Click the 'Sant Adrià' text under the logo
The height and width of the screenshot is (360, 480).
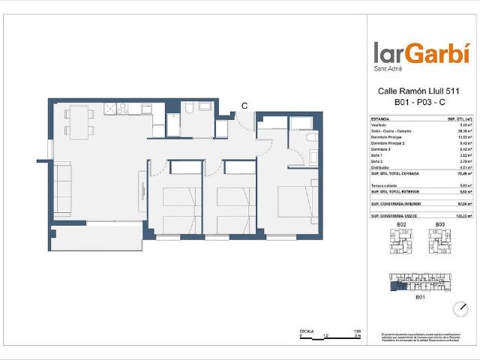pyautogui.click(x=388, y=70)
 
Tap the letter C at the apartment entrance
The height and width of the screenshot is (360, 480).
pyautogui.click(x=244, y=106)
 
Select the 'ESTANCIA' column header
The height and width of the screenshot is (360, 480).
pyautogui.click(x=380, y=119)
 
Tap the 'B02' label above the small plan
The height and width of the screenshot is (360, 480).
pyautogui.click(x=401, y=225)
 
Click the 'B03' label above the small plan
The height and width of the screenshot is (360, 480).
pyautogui.click(x=440, y=225)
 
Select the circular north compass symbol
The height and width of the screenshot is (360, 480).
pyautogui.click(x=458, y=308)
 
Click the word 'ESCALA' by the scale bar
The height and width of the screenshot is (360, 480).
pyautogui.click(x=306, y=330)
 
